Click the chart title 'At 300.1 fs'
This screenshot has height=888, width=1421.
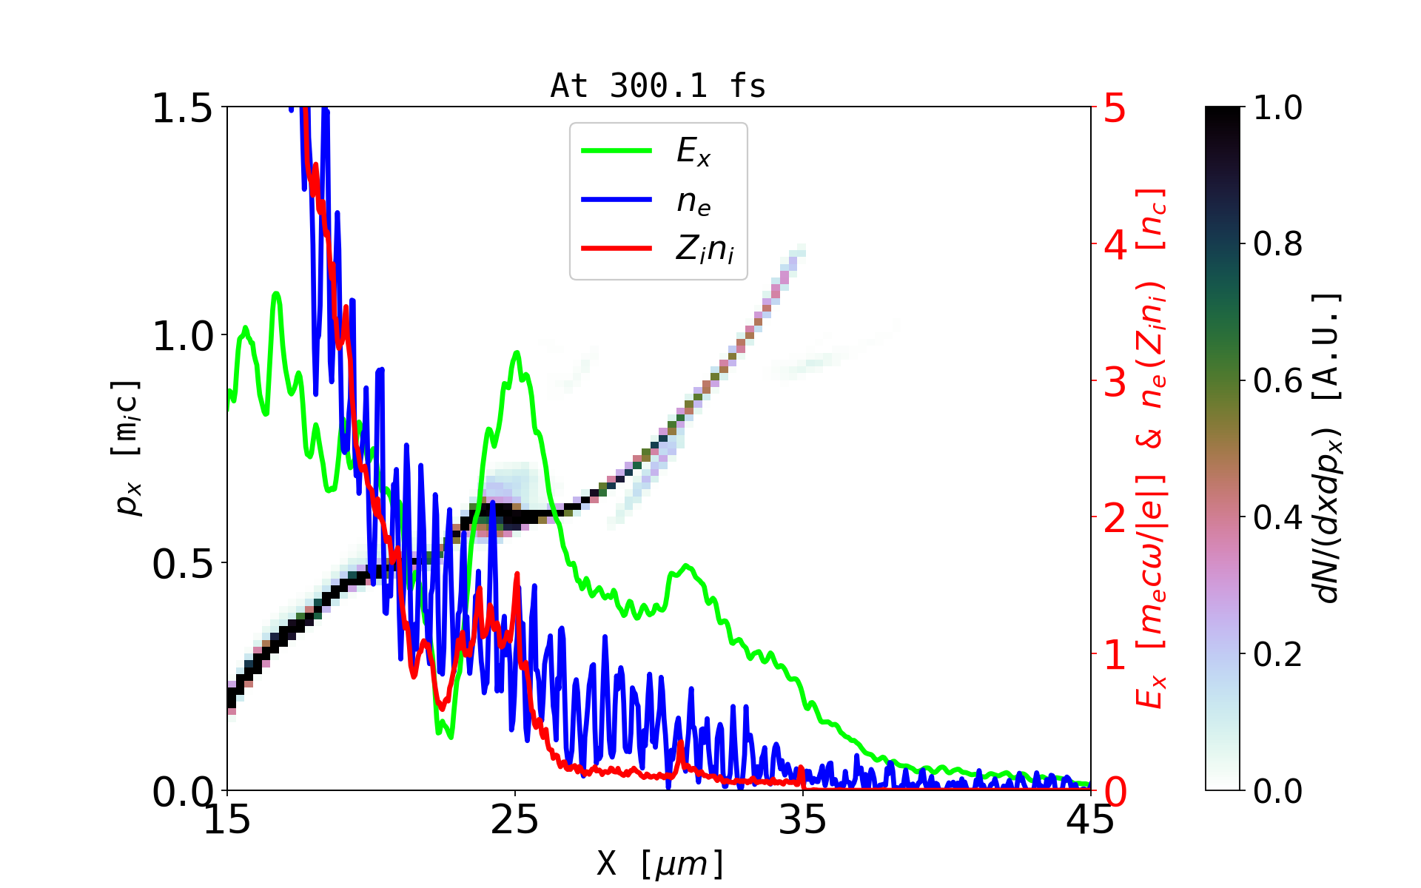(658, 86)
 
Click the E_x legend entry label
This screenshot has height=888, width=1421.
(693, 152)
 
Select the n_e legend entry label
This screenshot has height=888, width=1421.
(693, 201)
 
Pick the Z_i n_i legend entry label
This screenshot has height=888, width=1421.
(705, 249)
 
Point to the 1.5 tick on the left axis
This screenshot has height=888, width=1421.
(181, 109)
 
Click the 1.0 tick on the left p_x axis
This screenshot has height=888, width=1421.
(181, 337)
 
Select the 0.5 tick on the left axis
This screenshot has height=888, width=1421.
(181, 565)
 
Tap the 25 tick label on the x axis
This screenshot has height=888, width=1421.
(515, 820)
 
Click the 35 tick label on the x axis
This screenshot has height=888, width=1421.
(803, 820)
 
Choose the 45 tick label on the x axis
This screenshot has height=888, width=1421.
(1091, 820)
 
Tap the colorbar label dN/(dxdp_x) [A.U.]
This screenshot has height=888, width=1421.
(1328, 448)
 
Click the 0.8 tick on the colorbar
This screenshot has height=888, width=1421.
(1277, 244)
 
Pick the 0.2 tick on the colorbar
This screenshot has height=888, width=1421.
(1277, 654)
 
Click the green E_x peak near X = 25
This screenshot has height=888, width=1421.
(517, 353)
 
